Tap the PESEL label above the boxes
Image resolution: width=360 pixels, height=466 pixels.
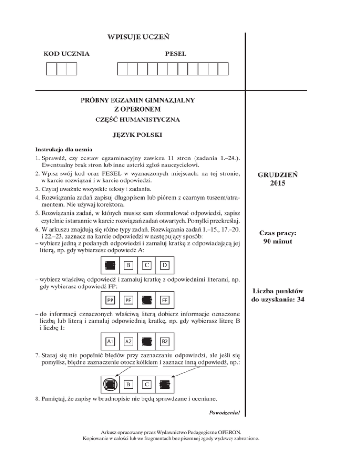tap(175, 54)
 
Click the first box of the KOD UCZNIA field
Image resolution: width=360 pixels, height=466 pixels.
tap(51, 69)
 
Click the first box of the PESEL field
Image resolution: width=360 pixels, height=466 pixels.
tap(122, 69)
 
